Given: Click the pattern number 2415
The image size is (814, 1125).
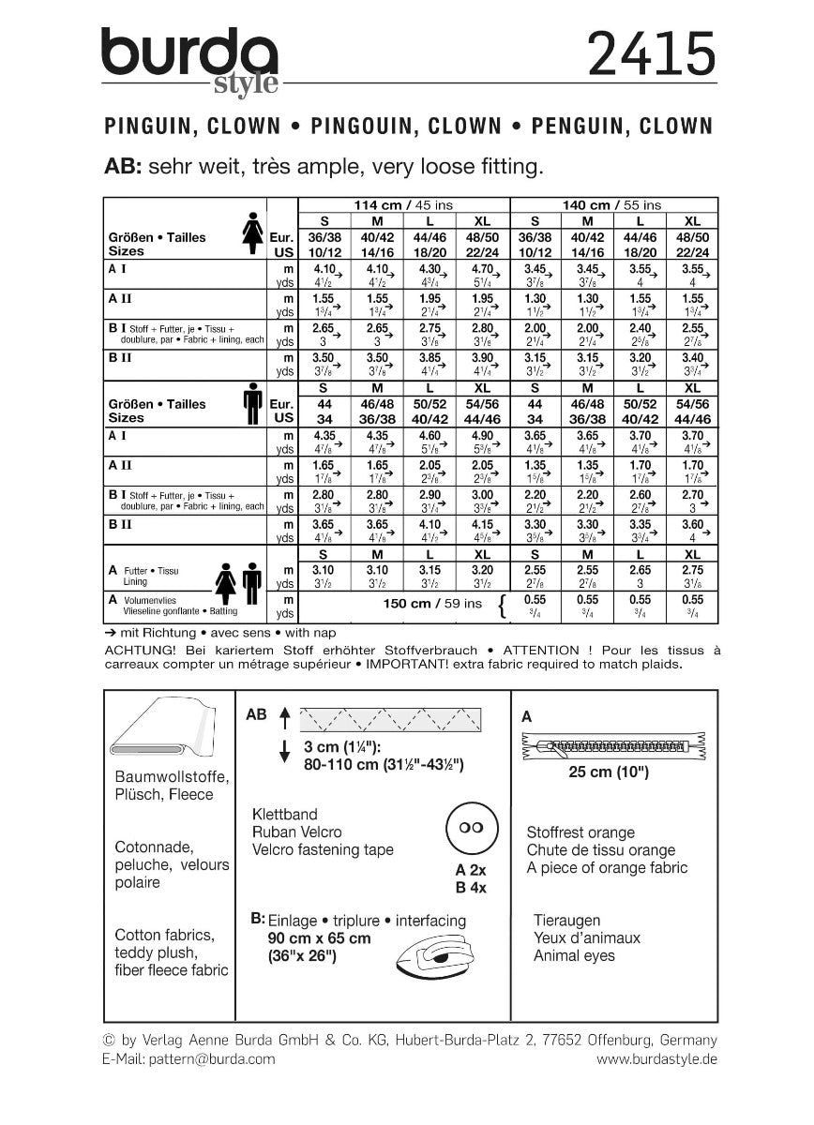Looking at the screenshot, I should tap(650, 55).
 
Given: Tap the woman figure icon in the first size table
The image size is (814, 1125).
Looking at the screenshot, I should tap(251, 230).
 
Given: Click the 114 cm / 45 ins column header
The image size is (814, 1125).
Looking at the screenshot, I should tap(402, 204).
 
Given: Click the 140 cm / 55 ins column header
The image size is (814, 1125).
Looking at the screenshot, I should tap(613, 204).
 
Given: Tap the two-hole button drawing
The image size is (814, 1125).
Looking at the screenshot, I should tap(468, 828).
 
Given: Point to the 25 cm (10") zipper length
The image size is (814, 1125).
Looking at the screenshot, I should tap(609, 773).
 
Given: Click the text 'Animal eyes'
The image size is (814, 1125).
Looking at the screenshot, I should tap(574, 955).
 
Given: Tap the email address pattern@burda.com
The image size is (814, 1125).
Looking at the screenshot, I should tap(217, 1058).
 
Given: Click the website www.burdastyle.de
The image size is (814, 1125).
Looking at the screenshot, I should tap(656, 1058).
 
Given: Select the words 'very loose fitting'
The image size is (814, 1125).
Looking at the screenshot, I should tap(459, 168).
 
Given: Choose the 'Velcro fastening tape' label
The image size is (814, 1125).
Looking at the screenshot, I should tap(323, 849).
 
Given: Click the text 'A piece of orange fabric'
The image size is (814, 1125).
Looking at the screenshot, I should tap(607, 867).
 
